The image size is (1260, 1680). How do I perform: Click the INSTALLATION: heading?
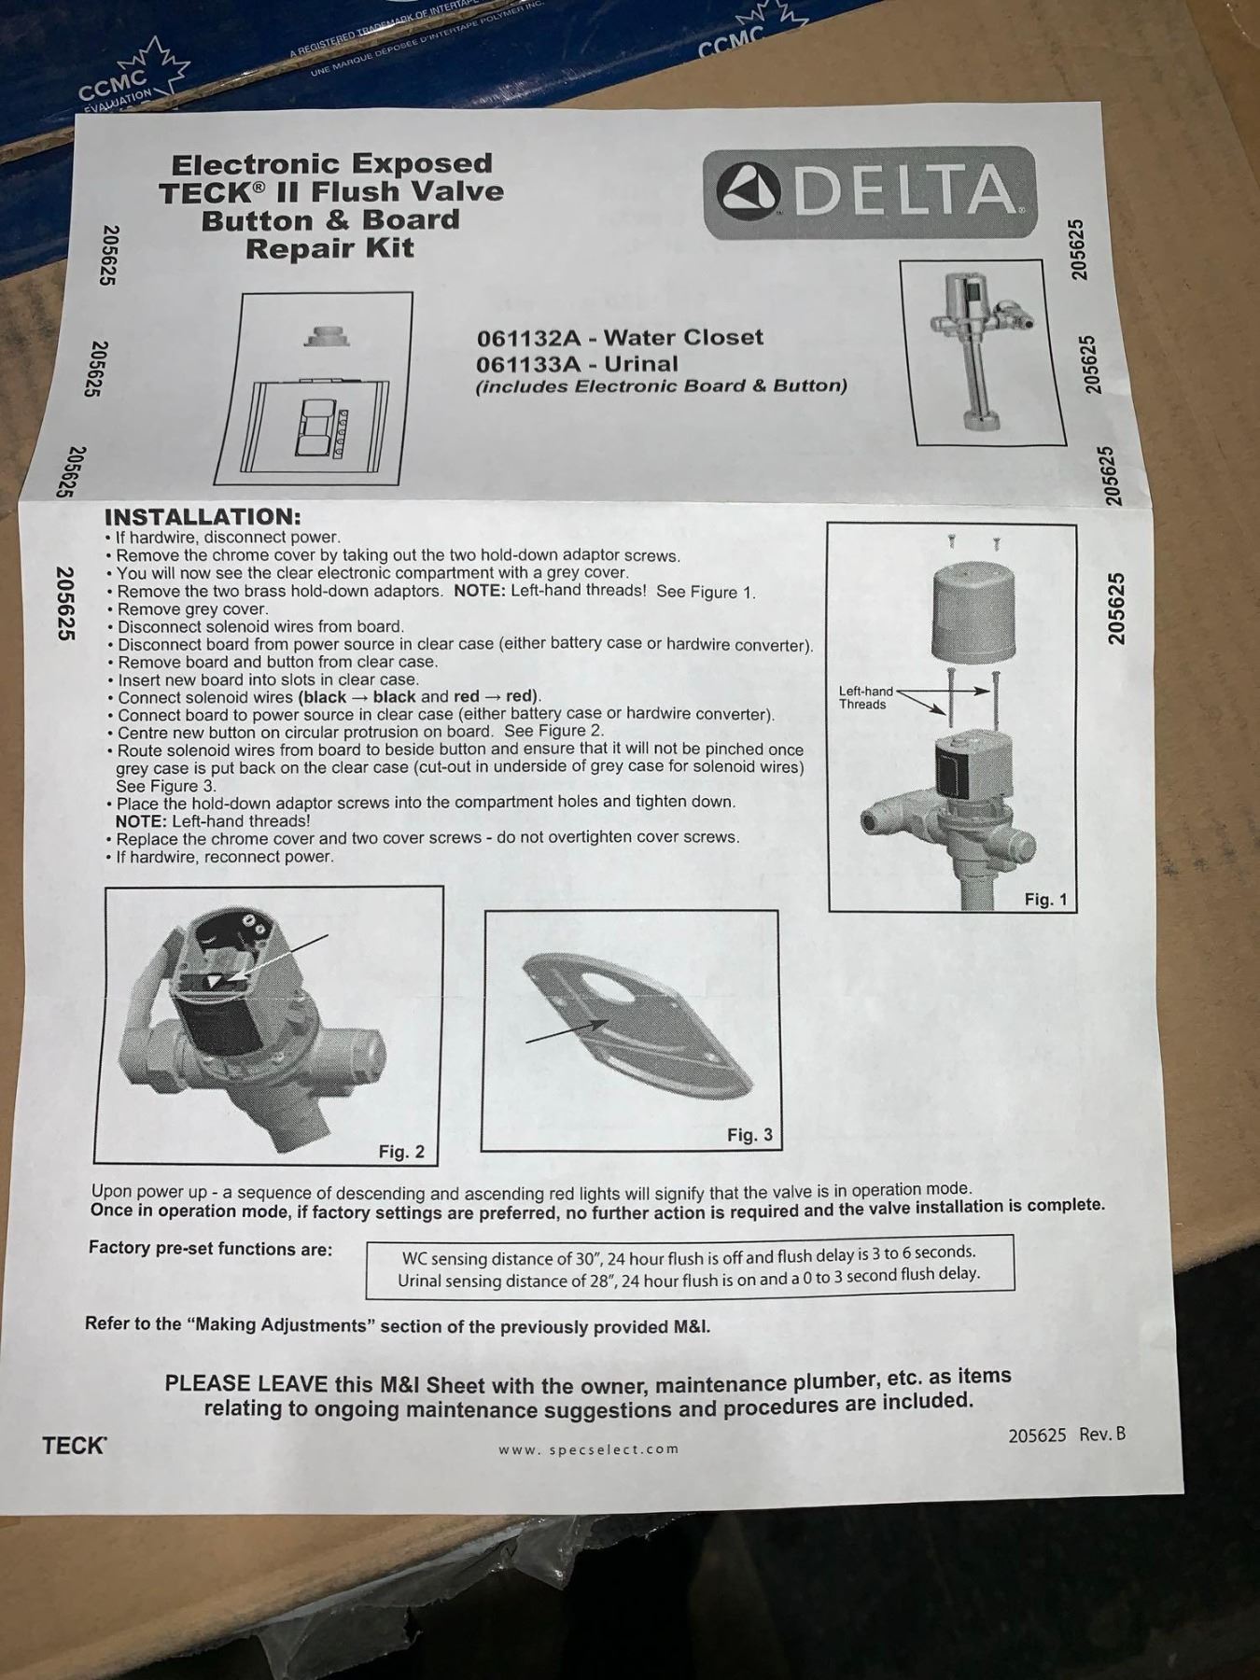click(203, 516)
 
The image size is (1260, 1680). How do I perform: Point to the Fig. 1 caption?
click(1045, 899)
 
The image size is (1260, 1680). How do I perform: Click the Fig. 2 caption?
click(401, 1152)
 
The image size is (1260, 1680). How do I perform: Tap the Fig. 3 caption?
click(750, 1135)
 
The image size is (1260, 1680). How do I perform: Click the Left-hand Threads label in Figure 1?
click(865, 697)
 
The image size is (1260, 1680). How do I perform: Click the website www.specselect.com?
click(588, 1449)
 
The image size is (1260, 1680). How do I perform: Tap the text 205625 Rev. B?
click(1067, 1435)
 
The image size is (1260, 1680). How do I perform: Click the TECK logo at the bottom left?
click(75, 1446)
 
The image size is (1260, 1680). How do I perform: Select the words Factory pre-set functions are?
click(210, 1248)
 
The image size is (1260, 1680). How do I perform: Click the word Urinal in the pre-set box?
click(422, 1281)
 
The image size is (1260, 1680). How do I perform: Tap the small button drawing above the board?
click(326, 335)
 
